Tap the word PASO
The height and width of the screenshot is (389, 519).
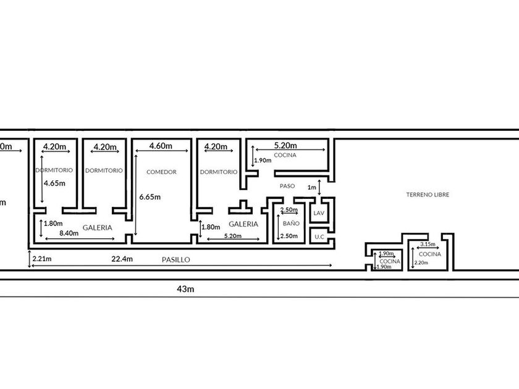pos(287,185)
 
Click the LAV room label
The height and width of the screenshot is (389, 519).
pos(319,213)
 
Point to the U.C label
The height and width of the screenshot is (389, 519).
pos(319,236)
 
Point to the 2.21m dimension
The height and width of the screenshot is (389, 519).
pos(42,259)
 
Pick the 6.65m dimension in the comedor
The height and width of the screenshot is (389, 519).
pos(151,197)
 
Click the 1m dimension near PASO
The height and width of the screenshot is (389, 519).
pos(311,187)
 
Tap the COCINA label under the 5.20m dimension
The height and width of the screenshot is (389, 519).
pos(285,155)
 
